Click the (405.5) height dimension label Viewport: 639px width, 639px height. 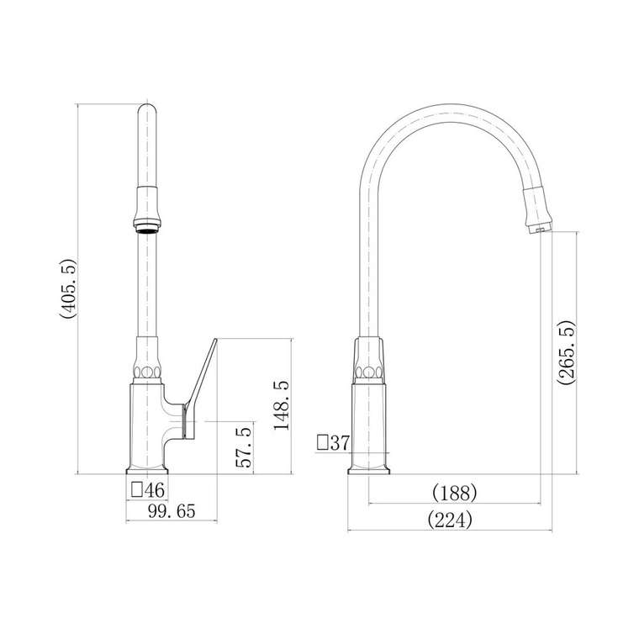(x=67, y=288)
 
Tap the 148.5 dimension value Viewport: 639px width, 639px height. (x=282, y=405)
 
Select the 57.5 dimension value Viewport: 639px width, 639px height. (x=244, y=447)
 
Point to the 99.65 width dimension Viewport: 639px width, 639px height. (x=172, y=511)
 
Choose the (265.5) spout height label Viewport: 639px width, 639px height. (x=567, y=352)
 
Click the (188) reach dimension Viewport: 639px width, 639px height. (x=454, y=493)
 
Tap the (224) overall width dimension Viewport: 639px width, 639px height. (x=450, y=520)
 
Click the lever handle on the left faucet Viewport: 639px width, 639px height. (x=200, y=388)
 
